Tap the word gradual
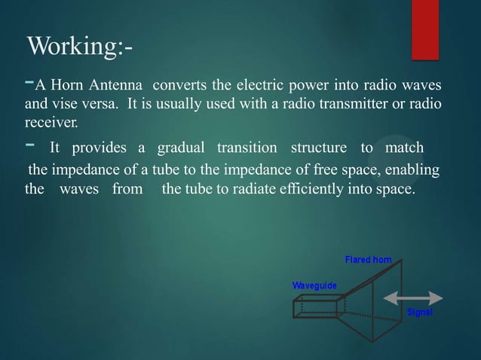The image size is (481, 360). (x=179, y=147)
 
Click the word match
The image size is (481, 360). (x=404, y=147)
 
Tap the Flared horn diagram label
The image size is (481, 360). (x=368, y=260)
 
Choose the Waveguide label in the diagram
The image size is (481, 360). (x=314, y=285)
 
